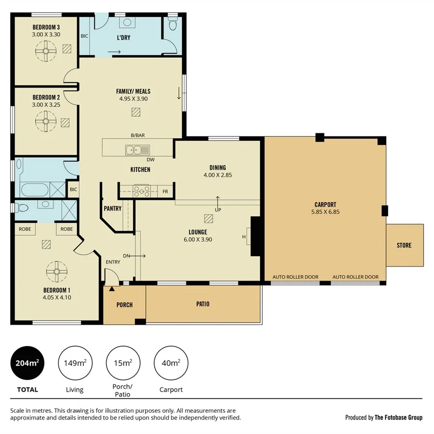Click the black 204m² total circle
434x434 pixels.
27,363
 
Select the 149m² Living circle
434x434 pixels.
75,363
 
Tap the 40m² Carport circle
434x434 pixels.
171,363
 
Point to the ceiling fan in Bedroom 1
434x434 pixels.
57,271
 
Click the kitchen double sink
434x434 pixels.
134,150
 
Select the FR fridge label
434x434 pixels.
165,192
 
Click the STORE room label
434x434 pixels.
404,245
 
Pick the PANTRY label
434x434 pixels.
112,209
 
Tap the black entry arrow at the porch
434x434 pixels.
112,288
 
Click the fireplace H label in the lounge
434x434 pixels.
244,237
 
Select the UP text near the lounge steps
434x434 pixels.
217,210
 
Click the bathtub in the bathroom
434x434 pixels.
33,189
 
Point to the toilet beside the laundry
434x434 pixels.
173,25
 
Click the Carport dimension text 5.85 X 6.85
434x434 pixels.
325,212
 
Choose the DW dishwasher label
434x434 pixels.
150,159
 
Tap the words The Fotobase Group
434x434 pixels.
398,418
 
